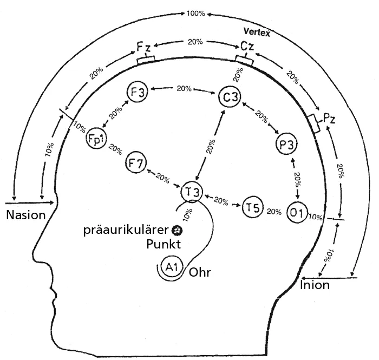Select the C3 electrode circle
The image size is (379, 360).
tap(229, 97)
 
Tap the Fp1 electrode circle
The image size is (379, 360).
tap(95, 140)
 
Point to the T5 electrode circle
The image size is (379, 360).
tap(252, 207)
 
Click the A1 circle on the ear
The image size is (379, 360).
tap(172, 266)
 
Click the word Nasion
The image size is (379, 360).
tap(25, 215)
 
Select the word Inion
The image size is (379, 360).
tap(314, 285)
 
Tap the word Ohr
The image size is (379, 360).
tap(199, 272)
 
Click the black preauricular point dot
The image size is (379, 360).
tap(177, 230)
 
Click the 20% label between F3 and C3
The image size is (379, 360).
tap(184, 88)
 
